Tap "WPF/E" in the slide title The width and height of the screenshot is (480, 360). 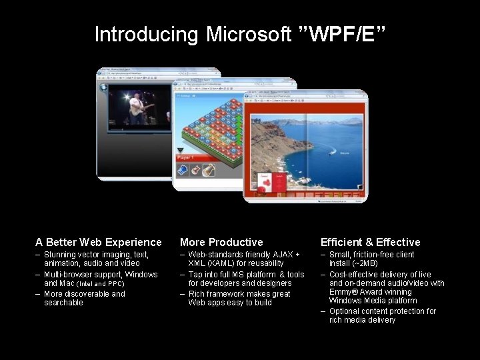click(346, 34)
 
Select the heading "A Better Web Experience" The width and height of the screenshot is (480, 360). click(99, 242)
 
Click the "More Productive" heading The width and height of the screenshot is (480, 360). click(221, 242)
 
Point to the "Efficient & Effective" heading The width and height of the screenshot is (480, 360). click(370, 242)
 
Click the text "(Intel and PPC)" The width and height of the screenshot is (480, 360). click(101, 284)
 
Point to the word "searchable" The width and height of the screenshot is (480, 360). click(63, 303)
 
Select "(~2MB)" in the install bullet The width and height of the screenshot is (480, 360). click(365, 264)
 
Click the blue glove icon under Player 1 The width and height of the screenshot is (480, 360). click(182, 171)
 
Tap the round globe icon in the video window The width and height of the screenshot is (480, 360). click(104, 86)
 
